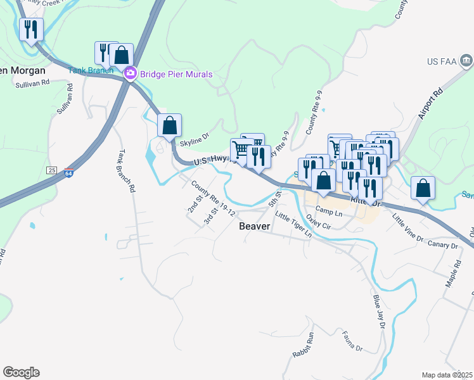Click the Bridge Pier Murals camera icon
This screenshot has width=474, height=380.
coord(131,73)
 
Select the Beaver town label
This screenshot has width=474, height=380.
coord(255,225)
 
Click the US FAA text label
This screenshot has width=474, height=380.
coord(442,61)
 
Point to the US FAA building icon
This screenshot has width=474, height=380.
coord(466,61)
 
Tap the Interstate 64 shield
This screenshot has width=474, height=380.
coord(68,172)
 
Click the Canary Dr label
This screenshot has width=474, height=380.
coord(442,246)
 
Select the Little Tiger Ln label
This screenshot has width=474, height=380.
coord(293,225)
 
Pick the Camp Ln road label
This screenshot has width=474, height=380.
coord(329,212)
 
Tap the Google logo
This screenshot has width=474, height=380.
coord(21,372)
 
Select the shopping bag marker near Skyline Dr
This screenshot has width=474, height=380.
coord(169,126)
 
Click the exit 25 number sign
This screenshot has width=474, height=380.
coord(52,170)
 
